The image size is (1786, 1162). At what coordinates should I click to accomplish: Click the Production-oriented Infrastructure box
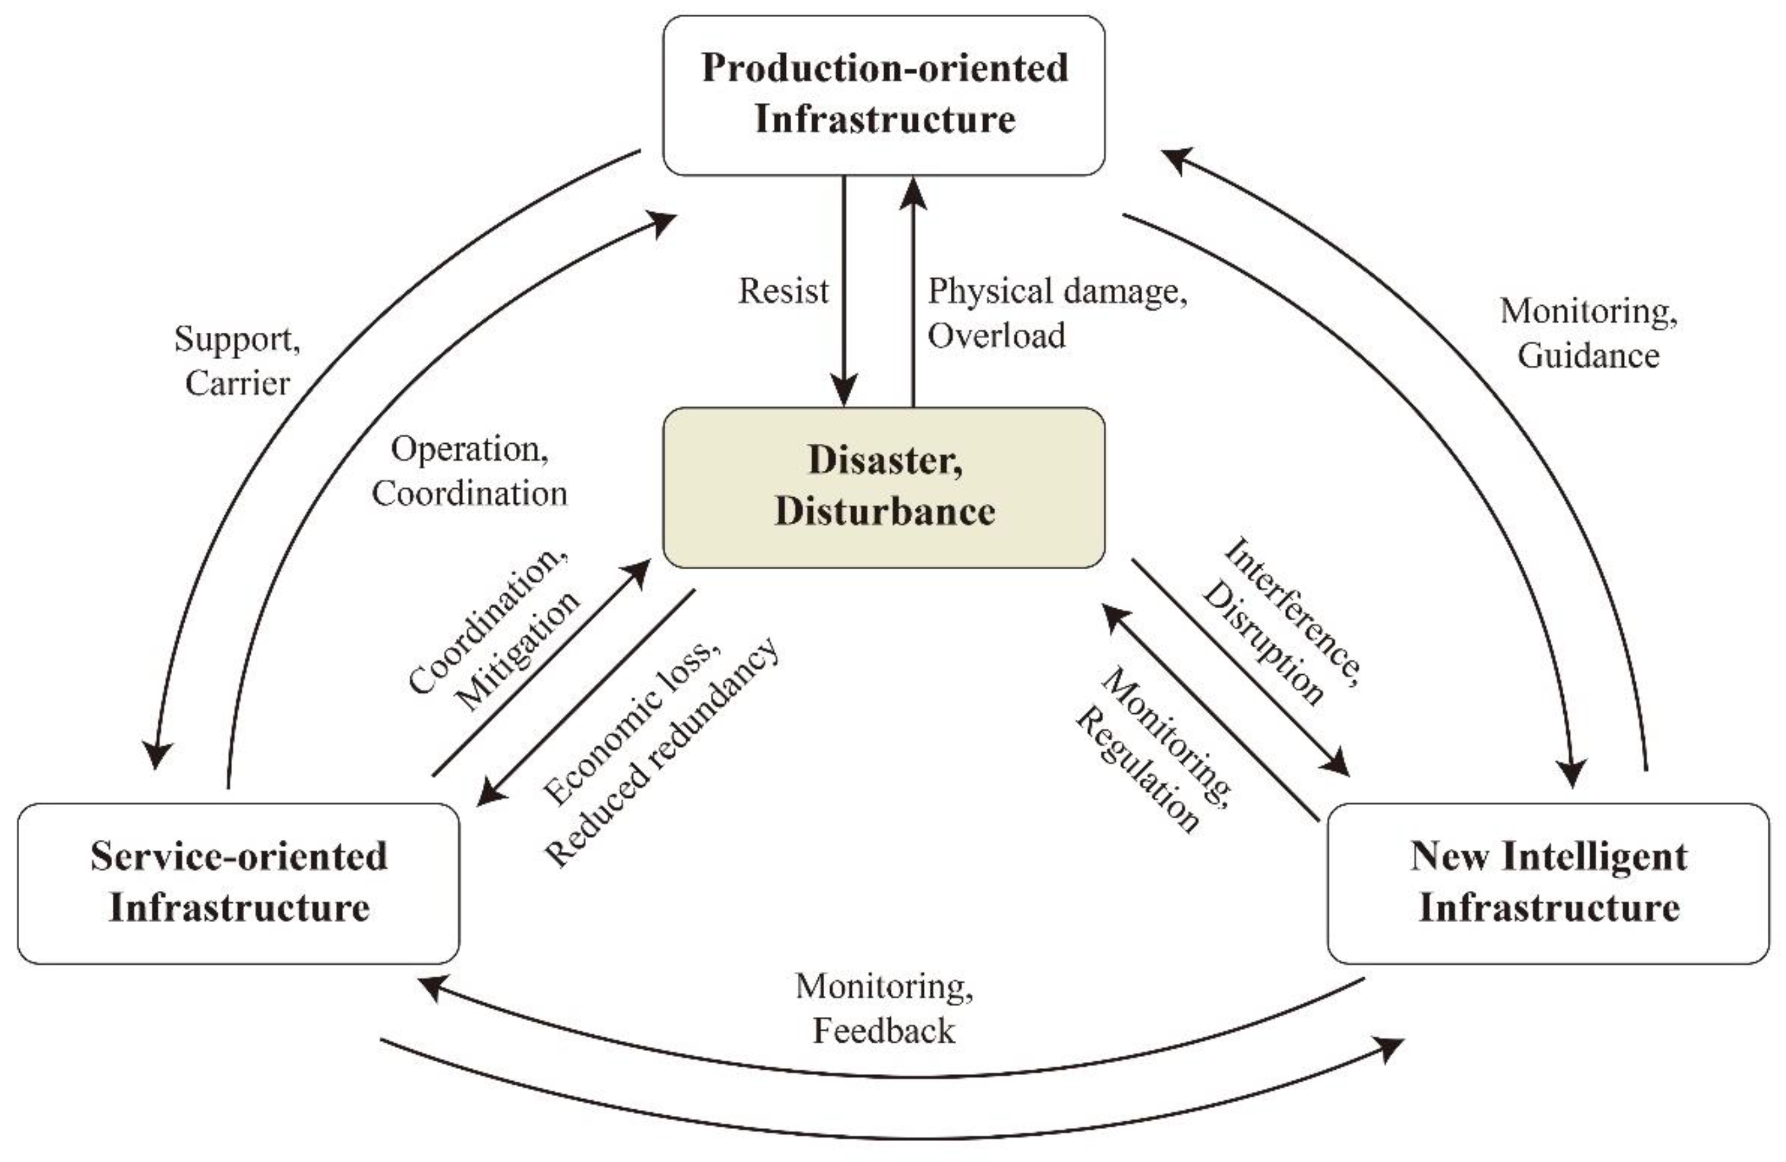(x=884, y=95)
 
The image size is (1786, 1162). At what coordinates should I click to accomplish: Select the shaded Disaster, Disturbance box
(x=884, y=487)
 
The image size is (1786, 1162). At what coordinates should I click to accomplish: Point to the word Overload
(x=996, y=335)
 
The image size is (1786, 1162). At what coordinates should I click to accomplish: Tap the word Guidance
(x=1588, y=356)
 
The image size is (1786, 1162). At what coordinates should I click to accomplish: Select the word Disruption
(x=1263, y=644)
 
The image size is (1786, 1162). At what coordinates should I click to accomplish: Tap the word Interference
(x=1292, y=612)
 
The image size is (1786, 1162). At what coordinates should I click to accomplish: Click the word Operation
(x=468, y=450)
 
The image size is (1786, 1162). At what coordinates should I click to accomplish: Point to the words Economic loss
(x=630, y=722)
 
